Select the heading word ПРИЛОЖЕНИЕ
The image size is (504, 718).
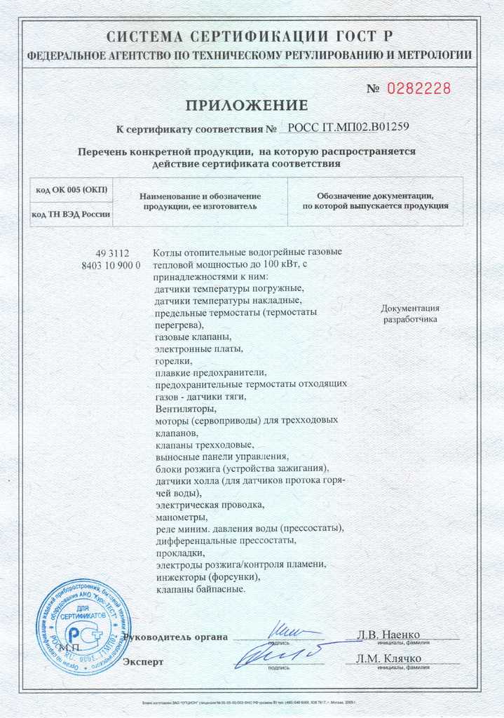246,106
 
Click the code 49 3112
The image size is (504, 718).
111,253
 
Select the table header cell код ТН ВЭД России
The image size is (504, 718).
71,214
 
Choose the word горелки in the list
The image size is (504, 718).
172,360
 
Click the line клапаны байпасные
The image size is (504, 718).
200,590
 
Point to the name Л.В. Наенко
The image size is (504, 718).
388,635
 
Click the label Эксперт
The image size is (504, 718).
143,661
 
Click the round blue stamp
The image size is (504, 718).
83,627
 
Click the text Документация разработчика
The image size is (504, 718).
410,313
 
